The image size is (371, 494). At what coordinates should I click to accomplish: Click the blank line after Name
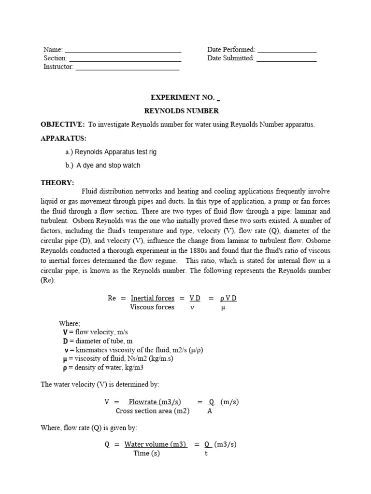[x=123, y=50]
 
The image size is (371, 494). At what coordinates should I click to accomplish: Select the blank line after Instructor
[x=127, y=68]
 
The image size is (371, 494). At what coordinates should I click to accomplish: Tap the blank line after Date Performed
[x=287, y=50]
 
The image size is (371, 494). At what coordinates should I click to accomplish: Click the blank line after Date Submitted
[x=286, y=59]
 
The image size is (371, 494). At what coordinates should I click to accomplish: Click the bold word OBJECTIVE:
[x=63, y=124]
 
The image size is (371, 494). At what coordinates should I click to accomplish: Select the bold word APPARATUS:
[x=63, y=138]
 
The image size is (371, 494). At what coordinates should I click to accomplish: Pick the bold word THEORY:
[x=57, y=182]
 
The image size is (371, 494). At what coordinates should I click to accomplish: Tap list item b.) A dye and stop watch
[x=103, y=165]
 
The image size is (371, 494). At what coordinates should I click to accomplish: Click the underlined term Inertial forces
[x=152, y=299]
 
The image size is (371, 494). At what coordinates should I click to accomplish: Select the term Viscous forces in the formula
[x=152, y=307]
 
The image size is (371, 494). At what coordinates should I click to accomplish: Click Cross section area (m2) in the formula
[x=153, y=411]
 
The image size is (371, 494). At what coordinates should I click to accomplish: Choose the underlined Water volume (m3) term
[x=155, y=445]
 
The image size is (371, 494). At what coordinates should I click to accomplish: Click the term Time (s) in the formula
[x=146, y=453]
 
